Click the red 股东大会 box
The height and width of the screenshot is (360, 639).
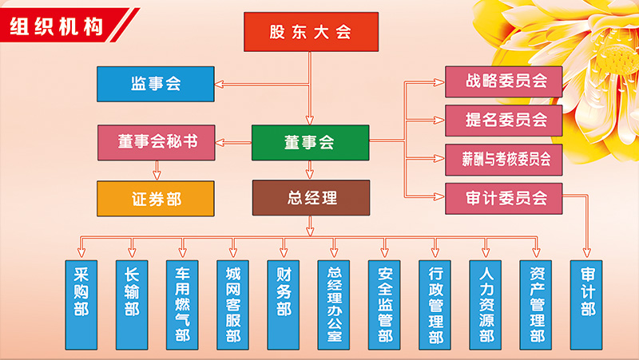[311, 32]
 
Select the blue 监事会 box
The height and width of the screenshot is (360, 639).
[155, 84]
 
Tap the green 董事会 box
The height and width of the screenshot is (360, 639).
[310, 143]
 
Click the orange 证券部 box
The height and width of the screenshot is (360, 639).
[156, 199]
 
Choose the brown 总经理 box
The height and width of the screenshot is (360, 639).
[311, 198]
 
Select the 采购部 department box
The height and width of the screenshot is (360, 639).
[81, 303]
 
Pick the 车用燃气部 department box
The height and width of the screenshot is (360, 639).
[182, 303]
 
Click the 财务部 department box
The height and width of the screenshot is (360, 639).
[284, 303]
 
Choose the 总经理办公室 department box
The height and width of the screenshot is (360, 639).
[335, 303]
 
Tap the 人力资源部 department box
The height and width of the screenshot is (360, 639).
[486, 303]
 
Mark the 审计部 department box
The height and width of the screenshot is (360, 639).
[588, 303]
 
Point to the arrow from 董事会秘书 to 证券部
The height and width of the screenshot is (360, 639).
[156, 169]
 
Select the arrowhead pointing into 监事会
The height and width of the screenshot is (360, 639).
[220, 84]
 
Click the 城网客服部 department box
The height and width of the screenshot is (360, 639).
[233, 303]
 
